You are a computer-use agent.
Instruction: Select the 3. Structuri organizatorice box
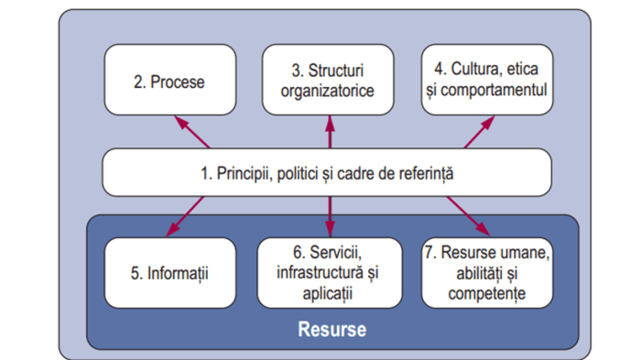click(x=331, y=81)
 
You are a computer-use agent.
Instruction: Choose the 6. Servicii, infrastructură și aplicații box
click(x=330, y=272)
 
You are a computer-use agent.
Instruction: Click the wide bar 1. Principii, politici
click(x=327, y=171)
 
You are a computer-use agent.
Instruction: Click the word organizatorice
click(x=331, y=91)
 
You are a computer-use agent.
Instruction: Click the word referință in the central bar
click(x=425, y=172)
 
